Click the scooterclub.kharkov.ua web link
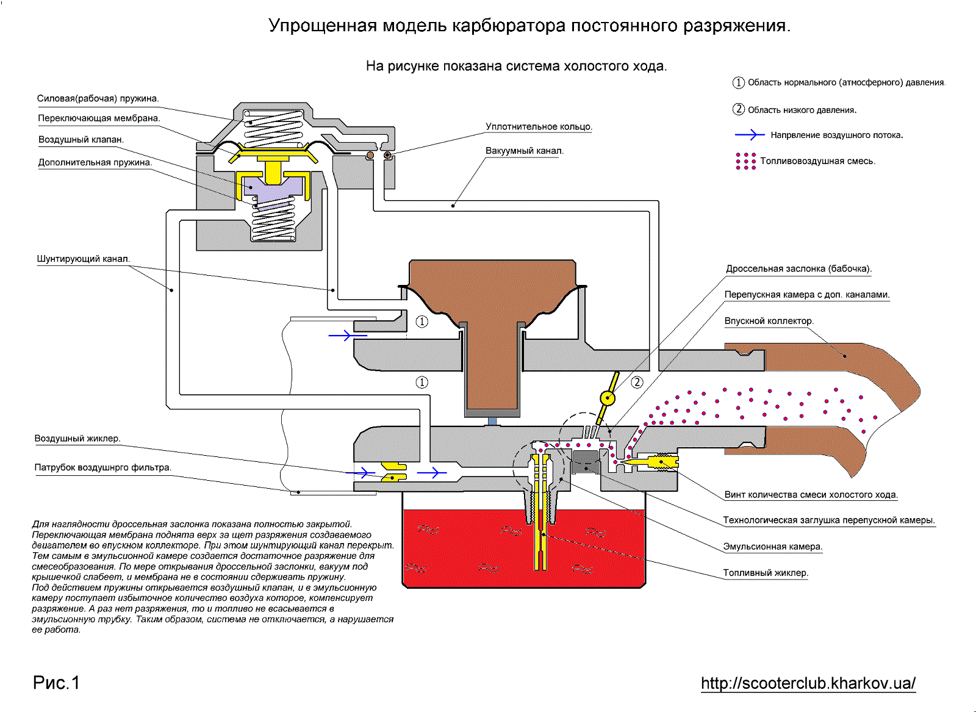coord(808,683)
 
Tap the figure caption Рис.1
coord(56,683)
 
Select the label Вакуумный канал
coord(525,151)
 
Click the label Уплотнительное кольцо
coord(539,127)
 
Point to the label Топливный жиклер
coord(766,573)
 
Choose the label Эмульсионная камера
coord(773,547)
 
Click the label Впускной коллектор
coord(769,321)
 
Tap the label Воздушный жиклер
coord(77,438)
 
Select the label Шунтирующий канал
coord(84,259)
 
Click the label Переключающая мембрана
coord(99,118)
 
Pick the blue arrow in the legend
coord(750,135)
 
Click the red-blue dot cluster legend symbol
coord(745,161)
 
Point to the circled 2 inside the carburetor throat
coord(637,383)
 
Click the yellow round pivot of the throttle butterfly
coord(608,398)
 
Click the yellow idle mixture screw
coord(650,461)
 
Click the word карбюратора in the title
coord(509,26)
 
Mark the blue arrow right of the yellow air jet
coord(432,472)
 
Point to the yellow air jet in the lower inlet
coord(394,472)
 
